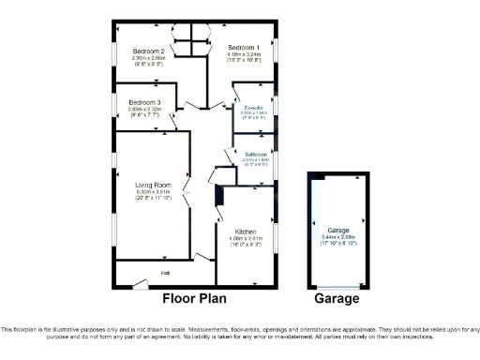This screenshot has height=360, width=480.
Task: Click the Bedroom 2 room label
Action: (148, 51)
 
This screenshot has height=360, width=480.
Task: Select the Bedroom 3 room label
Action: (145, 101)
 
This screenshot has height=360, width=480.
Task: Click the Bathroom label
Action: (256, 154)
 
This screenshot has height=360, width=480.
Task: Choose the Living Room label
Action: (151, 186)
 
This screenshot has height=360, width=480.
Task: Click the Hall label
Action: (165, 273)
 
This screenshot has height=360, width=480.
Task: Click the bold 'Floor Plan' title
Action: (199, 299)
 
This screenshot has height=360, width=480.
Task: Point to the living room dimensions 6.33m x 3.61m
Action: (151, 193)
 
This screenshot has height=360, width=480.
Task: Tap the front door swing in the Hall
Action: (138, 281)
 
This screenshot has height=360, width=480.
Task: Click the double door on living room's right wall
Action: (187, 197)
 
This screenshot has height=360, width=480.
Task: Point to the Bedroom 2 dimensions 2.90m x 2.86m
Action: (148, 58)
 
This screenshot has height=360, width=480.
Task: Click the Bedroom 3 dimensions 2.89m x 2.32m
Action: (145, 109)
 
